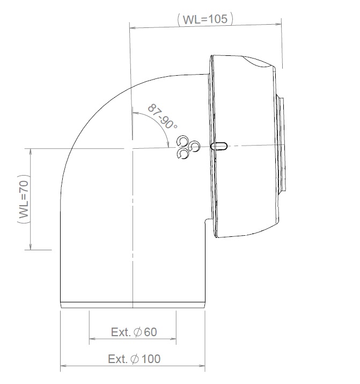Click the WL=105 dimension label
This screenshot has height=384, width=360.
click(205, 19)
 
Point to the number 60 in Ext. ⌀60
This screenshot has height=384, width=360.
click(150, 332)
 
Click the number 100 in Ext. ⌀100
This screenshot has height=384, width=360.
click(151, 359)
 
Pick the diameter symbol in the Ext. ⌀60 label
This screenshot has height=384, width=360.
click(137, 332)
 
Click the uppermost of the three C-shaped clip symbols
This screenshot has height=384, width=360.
click(184, 141)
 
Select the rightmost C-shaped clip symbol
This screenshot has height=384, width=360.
click(194, 146)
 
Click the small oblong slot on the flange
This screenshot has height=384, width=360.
click(220, 146)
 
